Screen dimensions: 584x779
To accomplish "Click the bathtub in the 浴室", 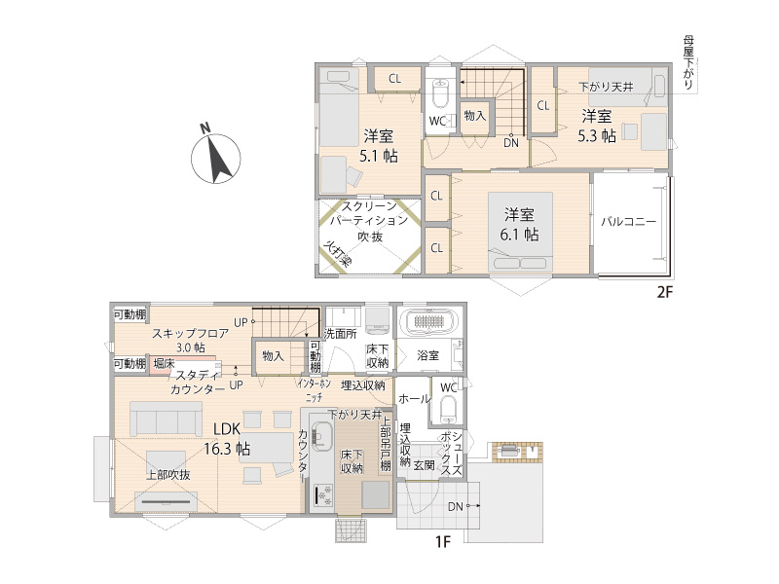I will pyautogui.click(x=429, y=323).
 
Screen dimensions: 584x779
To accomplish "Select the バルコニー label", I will pyautogui.click(x=627, y=221).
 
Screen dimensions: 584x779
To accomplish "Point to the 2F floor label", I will pyautogui.click(x=664, y=291).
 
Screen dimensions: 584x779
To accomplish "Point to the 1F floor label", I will pyautogui.click(x=442, y=543).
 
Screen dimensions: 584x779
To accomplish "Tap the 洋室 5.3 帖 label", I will pyautogui.click(x=595, y=126).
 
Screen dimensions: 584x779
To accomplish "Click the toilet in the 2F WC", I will pyautogui.click(x=440, y=94).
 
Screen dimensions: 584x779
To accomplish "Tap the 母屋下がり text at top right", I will pyautogui.click(x=689, y=64).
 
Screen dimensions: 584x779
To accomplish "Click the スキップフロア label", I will pyautogui.click(x=190, y=333).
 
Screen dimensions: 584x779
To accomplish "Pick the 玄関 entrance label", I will pyautogui.click(x=424, y=465).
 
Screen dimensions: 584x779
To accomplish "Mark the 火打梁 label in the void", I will pyautogui.click(x=337, y=255).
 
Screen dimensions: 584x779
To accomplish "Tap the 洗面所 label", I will pyautogui.click(x=341, y=333).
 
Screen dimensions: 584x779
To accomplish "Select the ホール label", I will pyautogui.click(x=414, y=398).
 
